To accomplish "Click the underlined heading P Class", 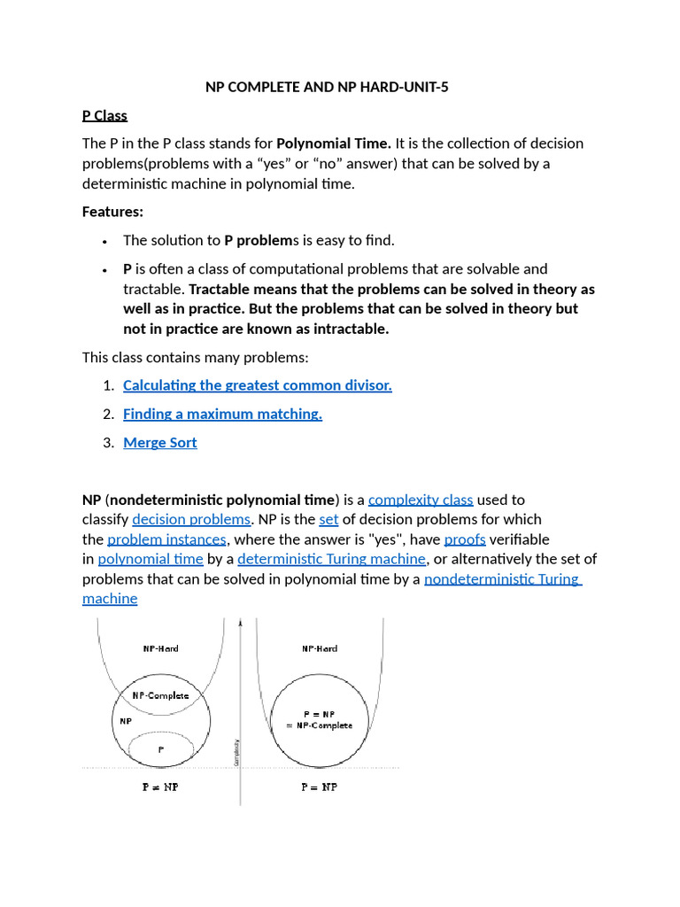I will click(x=104, y=115).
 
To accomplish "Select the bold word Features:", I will click(x=112, y=212).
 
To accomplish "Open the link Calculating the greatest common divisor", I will click(x=257, y=385).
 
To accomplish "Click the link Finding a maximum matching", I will click(x=222, y=414).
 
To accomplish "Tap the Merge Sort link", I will click(x=159, y=443).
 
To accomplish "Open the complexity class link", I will click(x=421, y=500).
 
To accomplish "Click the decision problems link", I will click(x=191, y=519).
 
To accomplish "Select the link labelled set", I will click(x=328, y=519).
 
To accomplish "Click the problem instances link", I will click(x=167, y=539).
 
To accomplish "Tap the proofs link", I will click(x=465, y=539).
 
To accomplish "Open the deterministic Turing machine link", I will click(x=332, y=559).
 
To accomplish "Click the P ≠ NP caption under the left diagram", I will click(x=160, y=787).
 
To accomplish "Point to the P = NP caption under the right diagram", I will click(x=319, y=787).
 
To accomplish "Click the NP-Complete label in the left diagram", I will click(x=160, y=695).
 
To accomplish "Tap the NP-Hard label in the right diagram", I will click(x=319, y=648).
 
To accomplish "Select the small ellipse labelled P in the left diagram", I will click(x=160, y=749).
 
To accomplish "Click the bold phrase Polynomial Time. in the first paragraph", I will click(x=334, y=143).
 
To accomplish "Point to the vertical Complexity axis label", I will click(x=235, y=754).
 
